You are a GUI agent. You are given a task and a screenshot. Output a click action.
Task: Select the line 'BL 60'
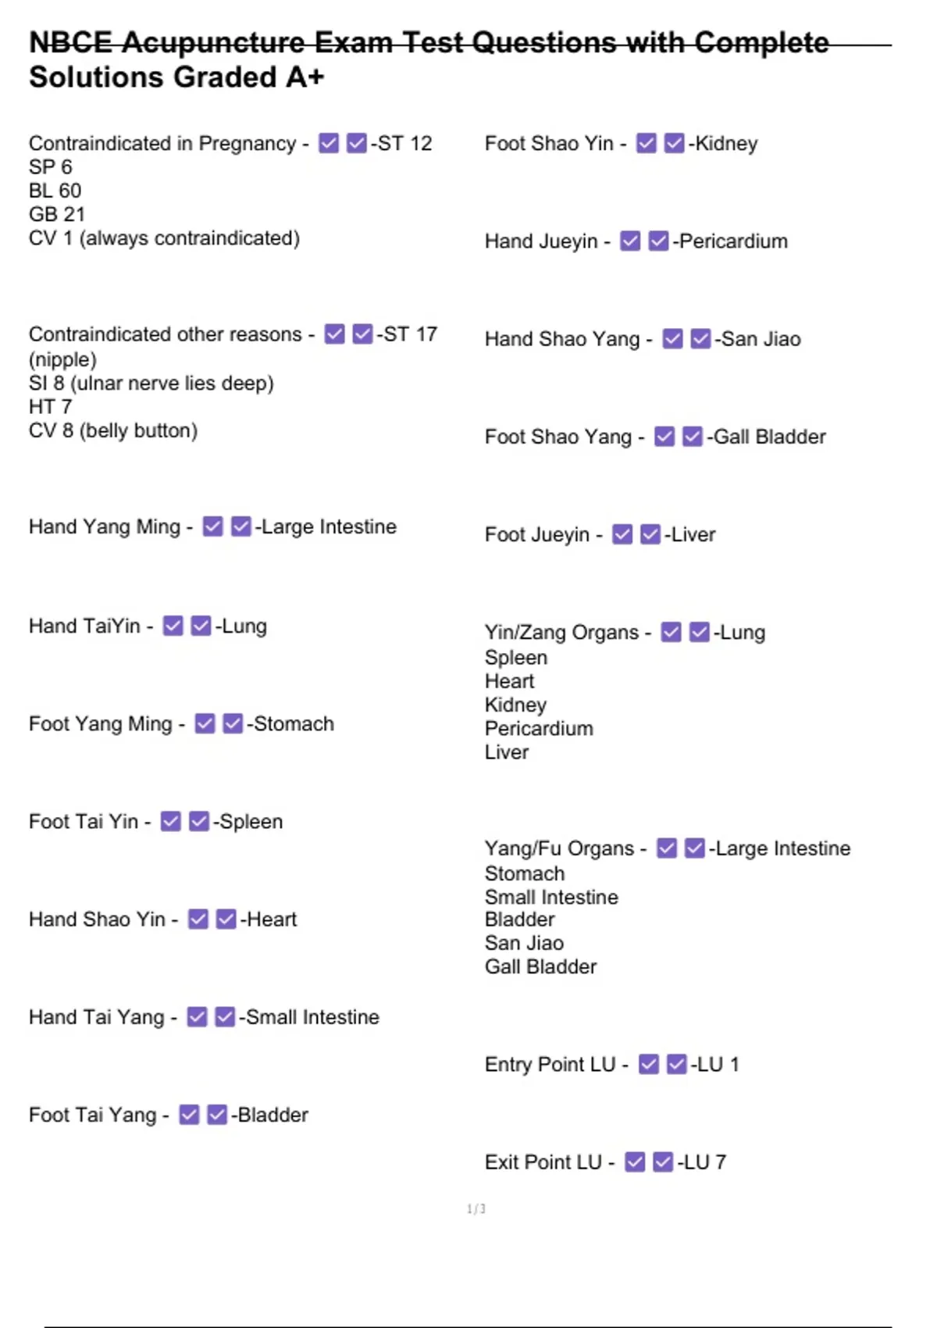[x=55, y=191]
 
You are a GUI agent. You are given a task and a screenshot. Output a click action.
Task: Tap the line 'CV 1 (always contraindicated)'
[x=164, y=238]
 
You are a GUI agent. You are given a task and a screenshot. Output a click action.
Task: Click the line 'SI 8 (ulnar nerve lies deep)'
[x=151, y=384]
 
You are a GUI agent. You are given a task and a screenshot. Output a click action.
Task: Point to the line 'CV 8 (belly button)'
[x=112, y=430]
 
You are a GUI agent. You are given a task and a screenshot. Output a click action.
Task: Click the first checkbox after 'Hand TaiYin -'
[x=173, y=626]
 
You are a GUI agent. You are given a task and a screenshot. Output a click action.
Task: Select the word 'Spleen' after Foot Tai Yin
[x=251, y=822]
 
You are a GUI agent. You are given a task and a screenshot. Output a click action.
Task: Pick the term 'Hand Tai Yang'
[x=97, y=1017]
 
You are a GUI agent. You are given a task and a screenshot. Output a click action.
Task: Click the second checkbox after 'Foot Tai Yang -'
[x=217, y=1115]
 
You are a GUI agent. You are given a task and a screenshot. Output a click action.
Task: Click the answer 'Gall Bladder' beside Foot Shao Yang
[x=769, y=437]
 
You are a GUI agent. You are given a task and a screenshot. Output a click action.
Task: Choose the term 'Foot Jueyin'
[x=537, y=535]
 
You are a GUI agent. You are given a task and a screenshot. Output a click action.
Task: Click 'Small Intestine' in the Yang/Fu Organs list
[x=551, y=897]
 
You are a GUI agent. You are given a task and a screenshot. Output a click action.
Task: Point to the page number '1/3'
[x=476, y=1209]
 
